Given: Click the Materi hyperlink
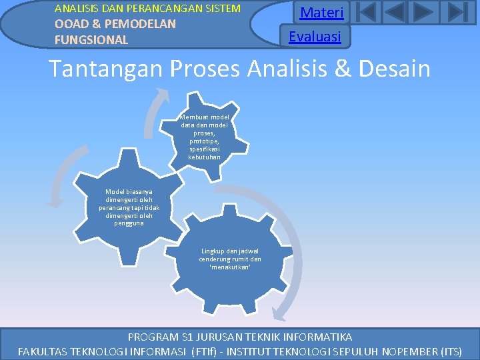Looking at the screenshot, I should click(321, 13).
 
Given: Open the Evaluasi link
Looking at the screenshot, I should click(315, 37).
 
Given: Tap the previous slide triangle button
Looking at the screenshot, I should click(395, 13).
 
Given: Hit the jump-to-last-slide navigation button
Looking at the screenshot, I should click(456, 13).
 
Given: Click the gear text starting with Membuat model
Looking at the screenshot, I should click(204, 137).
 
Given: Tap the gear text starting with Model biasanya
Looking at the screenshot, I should click(129, 207).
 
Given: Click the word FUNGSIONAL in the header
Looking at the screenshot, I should click(91, 39).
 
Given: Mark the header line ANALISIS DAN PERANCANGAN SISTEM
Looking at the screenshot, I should click(147, 9).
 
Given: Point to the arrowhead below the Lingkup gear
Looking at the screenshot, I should click(280, 314).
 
